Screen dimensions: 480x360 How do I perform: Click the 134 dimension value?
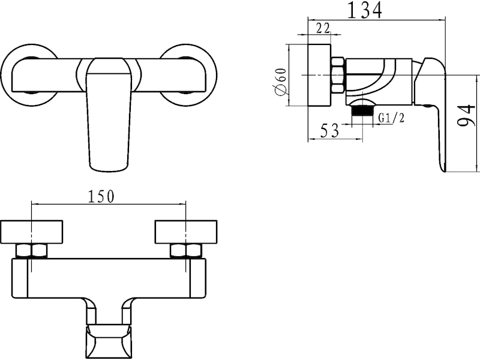point(365,10)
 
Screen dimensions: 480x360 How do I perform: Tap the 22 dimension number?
point(323,28)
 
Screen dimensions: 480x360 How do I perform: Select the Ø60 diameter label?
point(281,82)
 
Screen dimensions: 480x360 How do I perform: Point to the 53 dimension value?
point(329,131)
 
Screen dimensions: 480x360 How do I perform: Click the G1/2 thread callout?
point(392,118)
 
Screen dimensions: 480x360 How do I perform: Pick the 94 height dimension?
point(467,115)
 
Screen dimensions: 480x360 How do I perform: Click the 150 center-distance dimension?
point(101,197)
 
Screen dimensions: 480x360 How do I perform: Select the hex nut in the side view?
point(338,75)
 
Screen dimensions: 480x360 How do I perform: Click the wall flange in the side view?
point(319,76)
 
